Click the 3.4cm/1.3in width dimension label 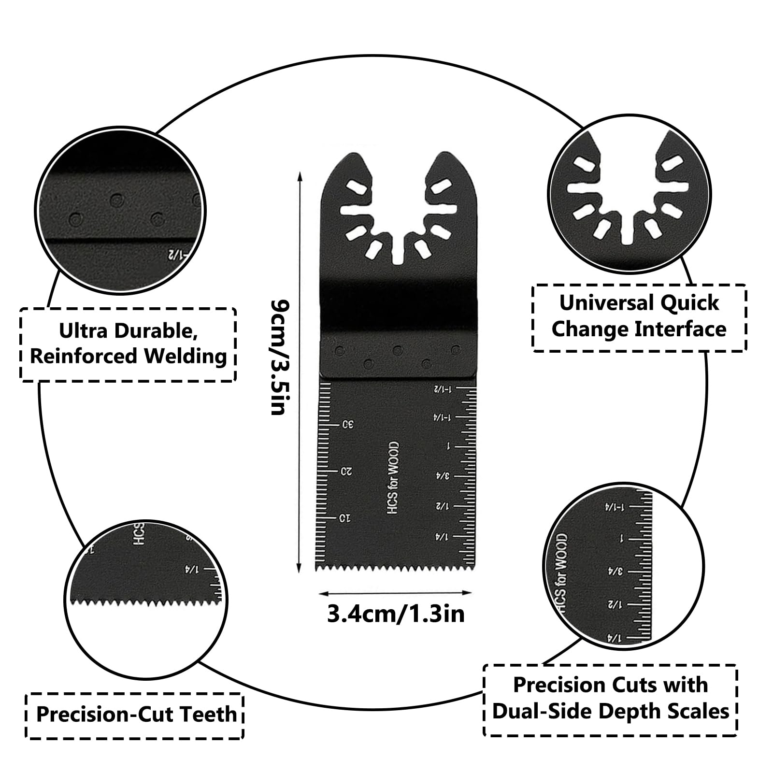coord(396,614)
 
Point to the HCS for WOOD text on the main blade coord(393,477)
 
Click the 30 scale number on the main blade coord(347,425)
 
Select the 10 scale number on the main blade coord(344,518)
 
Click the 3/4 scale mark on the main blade coord(443,476)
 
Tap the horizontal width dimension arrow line coord(396,593)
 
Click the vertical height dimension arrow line coord(300,372)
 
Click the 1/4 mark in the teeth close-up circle coord(192,570)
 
